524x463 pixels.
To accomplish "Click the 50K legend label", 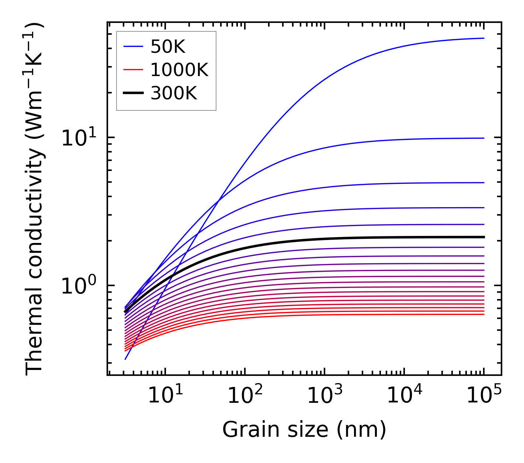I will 168,47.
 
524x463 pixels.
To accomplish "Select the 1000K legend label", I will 179,70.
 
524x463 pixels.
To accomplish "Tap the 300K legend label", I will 174,93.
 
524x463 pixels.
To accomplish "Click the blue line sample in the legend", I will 133,47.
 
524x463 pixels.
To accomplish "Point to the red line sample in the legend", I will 133,70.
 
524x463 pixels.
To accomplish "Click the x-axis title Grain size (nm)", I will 304,430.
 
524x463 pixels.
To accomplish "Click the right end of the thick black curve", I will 483,237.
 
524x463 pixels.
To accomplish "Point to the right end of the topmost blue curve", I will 483,38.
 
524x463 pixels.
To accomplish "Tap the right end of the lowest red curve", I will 483,314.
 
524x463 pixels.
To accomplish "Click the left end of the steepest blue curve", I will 126,359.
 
